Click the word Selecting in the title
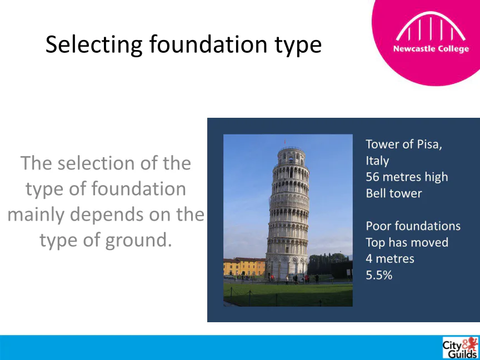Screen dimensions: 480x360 pos(94,45)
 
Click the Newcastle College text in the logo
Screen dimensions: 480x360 pos(431,49)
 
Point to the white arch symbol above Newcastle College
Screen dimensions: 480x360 pos(431,26)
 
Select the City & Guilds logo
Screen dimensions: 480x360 pos(461,348)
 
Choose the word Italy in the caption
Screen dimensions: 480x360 pos(377,161)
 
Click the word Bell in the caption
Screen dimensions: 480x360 pos(374,193)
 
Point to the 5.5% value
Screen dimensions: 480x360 pos(379,275)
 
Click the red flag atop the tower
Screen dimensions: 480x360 pos(284,142)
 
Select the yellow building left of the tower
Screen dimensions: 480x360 pos(244,267)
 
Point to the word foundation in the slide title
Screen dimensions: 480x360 pos(208,45)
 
